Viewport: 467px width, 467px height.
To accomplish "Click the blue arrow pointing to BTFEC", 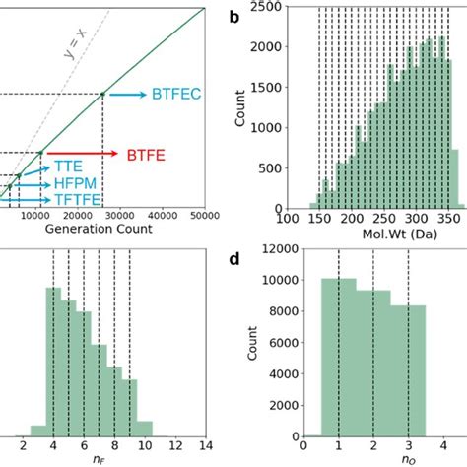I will (125, 95).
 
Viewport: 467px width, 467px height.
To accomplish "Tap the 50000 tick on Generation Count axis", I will (204, 216).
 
